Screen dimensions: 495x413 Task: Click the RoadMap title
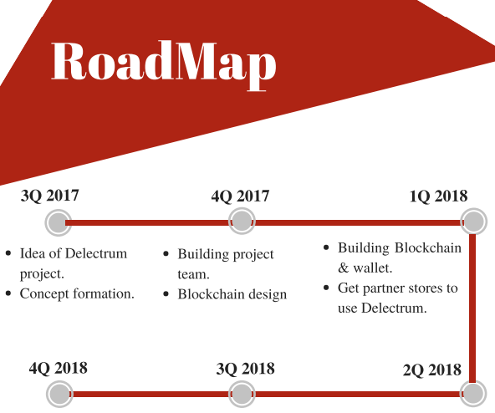pos(164,64)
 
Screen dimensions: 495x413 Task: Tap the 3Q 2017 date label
pos(49,196)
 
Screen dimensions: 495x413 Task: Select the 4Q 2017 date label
pos(240,196)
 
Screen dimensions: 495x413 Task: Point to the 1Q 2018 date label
pos(438,196)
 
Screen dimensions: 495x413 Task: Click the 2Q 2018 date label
pos(431,370)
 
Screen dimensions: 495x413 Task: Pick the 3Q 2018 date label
pos(245,369)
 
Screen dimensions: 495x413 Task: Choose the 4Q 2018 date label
pos(58,368)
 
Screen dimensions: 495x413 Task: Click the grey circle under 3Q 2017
pos(59,222)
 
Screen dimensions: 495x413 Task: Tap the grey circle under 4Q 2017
pos(242,221)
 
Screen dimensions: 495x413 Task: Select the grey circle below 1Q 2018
pos(473,222)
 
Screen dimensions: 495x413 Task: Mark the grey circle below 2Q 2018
pos(473,394)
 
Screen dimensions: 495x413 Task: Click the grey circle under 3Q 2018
pos(242,394)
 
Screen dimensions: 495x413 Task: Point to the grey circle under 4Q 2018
pos(59,394)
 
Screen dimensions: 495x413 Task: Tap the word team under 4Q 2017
pos(194,274)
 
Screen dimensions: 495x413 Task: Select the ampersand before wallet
pos(343,268)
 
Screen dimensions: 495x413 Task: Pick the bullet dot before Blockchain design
pos(166,294)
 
